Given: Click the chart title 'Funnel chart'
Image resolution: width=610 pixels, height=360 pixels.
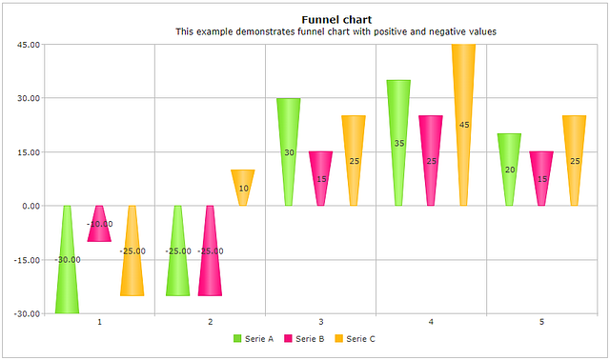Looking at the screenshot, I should [x=335, y=19].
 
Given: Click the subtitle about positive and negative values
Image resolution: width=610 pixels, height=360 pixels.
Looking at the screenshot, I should [x=335, y=31].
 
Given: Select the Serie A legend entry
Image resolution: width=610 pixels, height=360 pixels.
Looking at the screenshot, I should [x=253, y=339].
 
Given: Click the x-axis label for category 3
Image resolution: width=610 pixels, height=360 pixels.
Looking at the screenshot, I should [x=320, y=323].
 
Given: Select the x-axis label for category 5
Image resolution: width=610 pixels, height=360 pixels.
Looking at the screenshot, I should [x=541, y=323].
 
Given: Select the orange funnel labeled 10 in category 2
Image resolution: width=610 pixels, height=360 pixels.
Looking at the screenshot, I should [x=242, y=181].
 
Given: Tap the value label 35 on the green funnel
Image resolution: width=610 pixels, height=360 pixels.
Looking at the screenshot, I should [x=398, y=144].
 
